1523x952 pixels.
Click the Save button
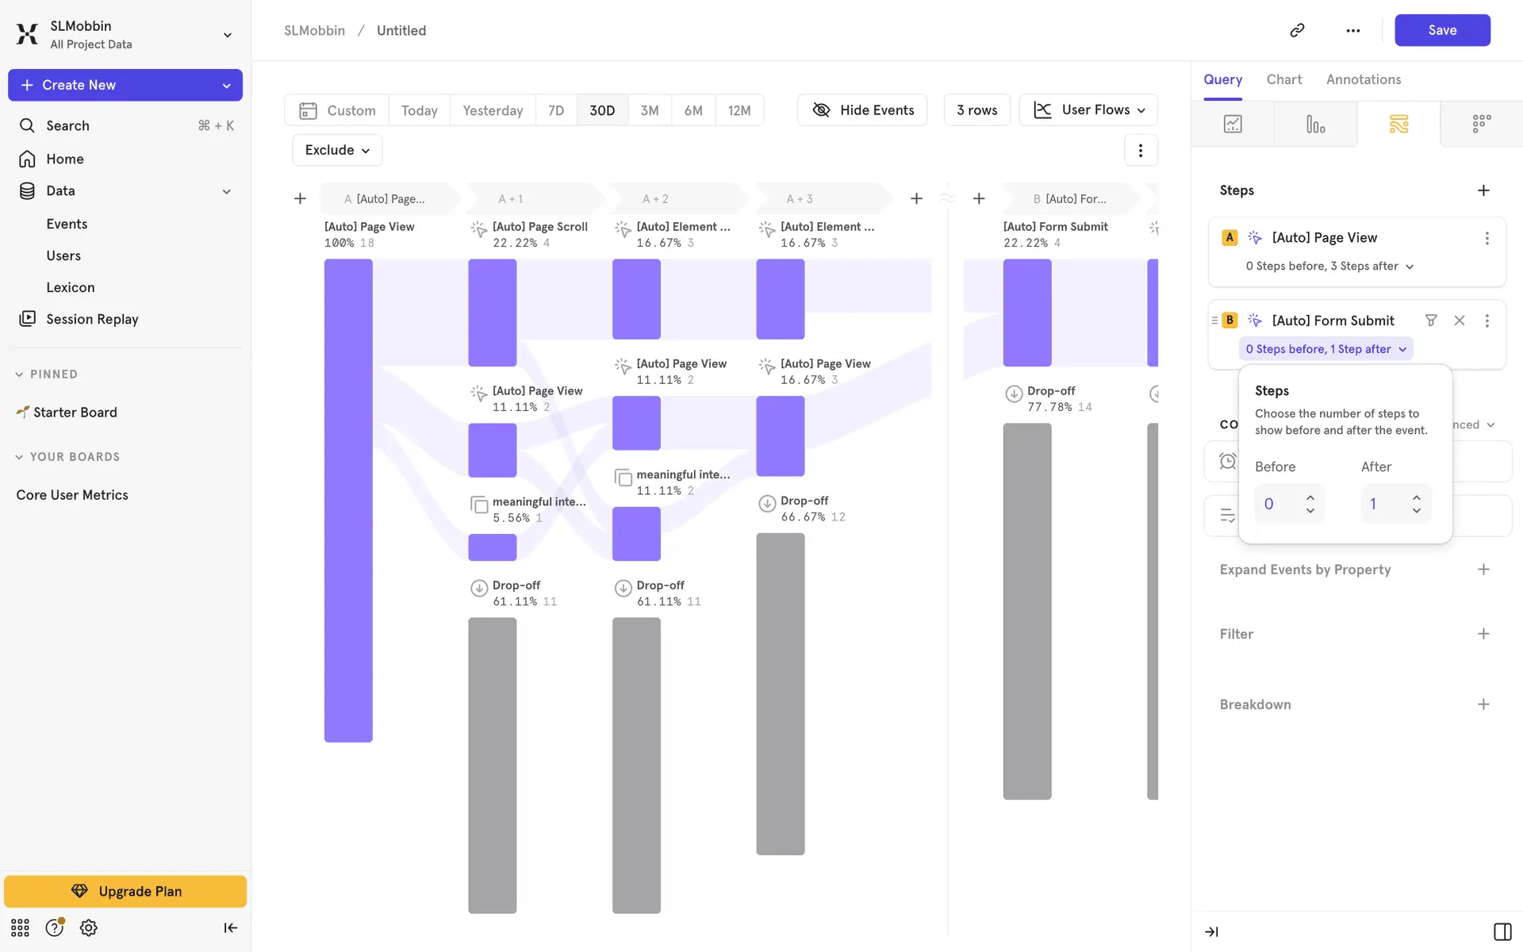pyautogui.click(x=1441, y=30)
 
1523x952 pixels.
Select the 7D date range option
pyautogui.click(x=556, y=110)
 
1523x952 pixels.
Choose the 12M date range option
pyautogui.click(x=738, y=110)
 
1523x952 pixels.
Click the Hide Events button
pyautogui.click(x=862, y=110)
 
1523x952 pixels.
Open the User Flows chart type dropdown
pyautogui.click(x=1088, y=110)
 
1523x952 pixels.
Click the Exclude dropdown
pyautogui.click(x=337, y=150)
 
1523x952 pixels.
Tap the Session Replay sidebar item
pyautogui.click(x=92, y=319)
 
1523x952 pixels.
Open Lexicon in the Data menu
pyautogui.click(x=71, y=287)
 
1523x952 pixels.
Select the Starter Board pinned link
pyautogui.click(x=75, y=413)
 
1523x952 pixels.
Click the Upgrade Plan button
pyautogui.click(x=125, y=891)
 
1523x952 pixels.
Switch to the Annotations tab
pyautogui.click(x=1363, y=79)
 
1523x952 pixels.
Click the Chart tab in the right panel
pyautogui.click(x=1283, y=79)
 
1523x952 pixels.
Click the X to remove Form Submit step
pyautogui.click(x=1459, y=321)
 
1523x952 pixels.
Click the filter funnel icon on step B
pyautogui.click(x=1431, y=321)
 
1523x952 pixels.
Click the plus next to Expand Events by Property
pyautogui.click(x=1483, y=570)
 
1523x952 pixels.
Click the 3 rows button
pyautogui.click(x=976, y=110)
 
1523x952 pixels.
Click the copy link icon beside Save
pyautogui.click(x=1297, y=30)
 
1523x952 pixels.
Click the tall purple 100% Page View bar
pyautogui.click(x=348, y=500)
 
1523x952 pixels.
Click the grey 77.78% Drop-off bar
pyautogui.click(x=1026, y=611)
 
